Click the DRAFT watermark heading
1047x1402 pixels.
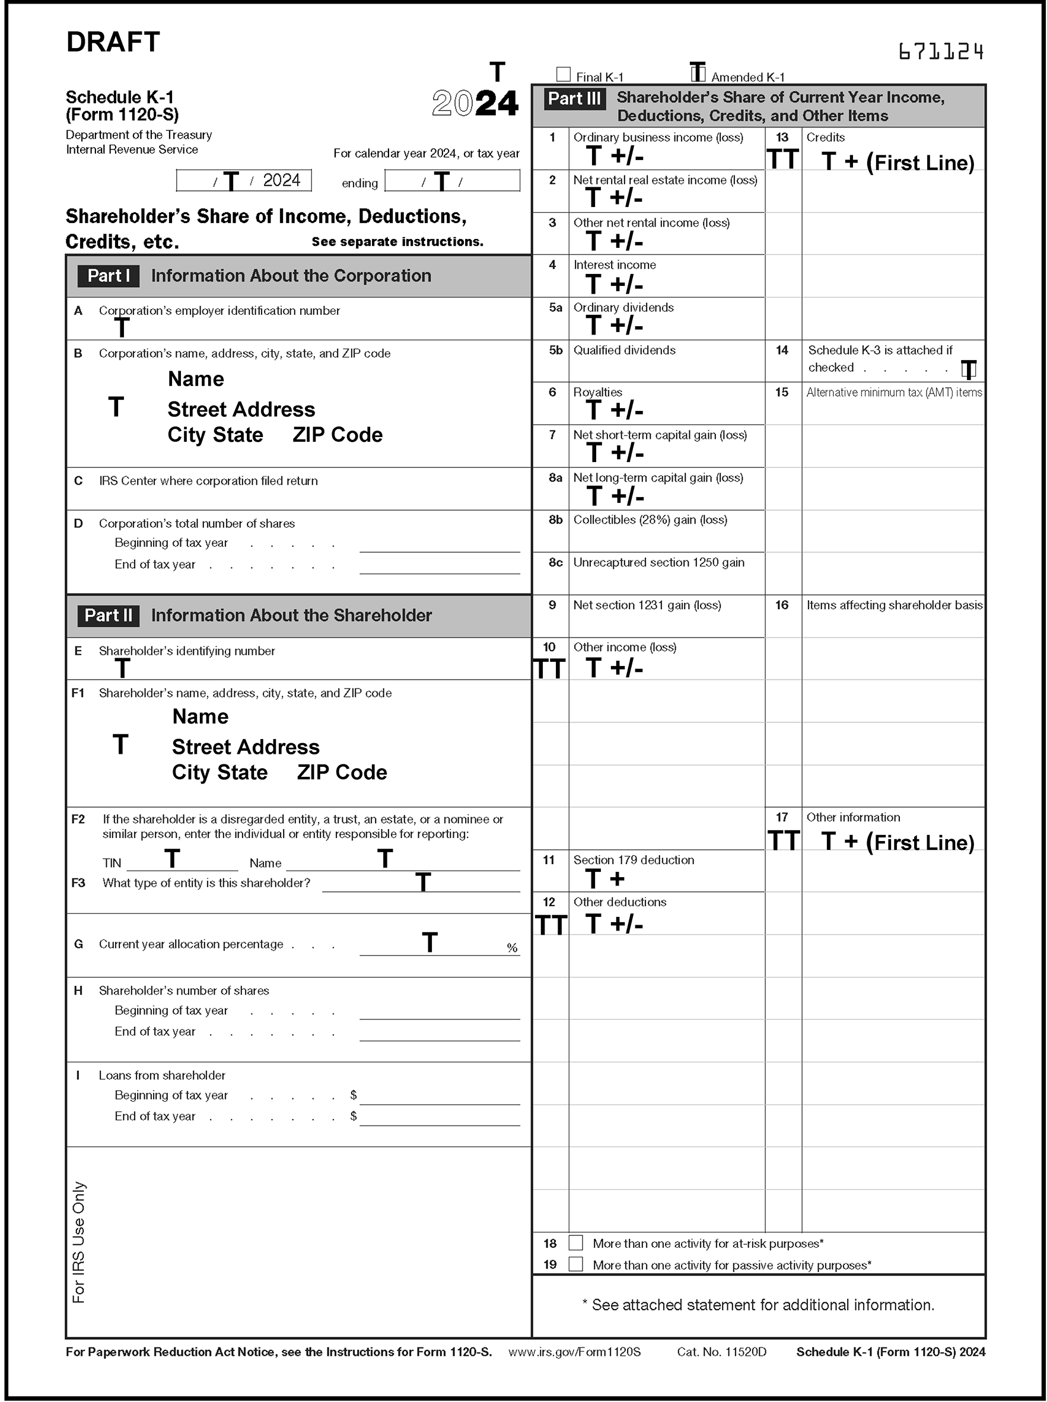113,43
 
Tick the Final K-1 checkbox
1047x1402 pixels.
564,75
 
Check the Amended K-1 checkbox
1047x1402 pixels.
697,74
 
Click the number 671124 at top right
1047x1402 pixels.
941,52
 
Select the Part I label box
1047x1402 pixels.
109,276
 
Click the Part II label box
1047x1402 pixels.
109,616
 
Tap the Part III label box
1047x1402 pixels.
574,99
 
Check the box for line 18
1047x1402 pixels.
575,1243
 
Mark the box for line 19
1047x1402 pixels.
575,1264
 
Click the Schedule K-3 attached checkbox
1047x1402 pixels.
969,369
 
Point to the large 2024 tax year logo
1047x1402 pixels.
475,103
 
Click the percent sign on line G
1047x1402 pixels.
512,948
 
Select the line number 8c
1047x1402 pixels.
555,563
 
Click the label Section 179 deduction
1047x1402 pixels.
633,861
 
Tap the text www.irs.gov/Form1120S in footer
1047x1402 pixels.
574,1352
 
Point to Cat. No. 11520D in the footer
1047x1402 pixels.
721,1352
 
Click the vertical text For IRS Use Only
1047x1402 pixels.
78,1242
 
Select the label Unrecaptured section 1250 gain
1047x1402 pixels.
658,563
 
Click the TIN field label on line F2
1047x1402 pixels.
112,863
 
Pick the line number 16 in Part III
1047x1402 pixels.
781,605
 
